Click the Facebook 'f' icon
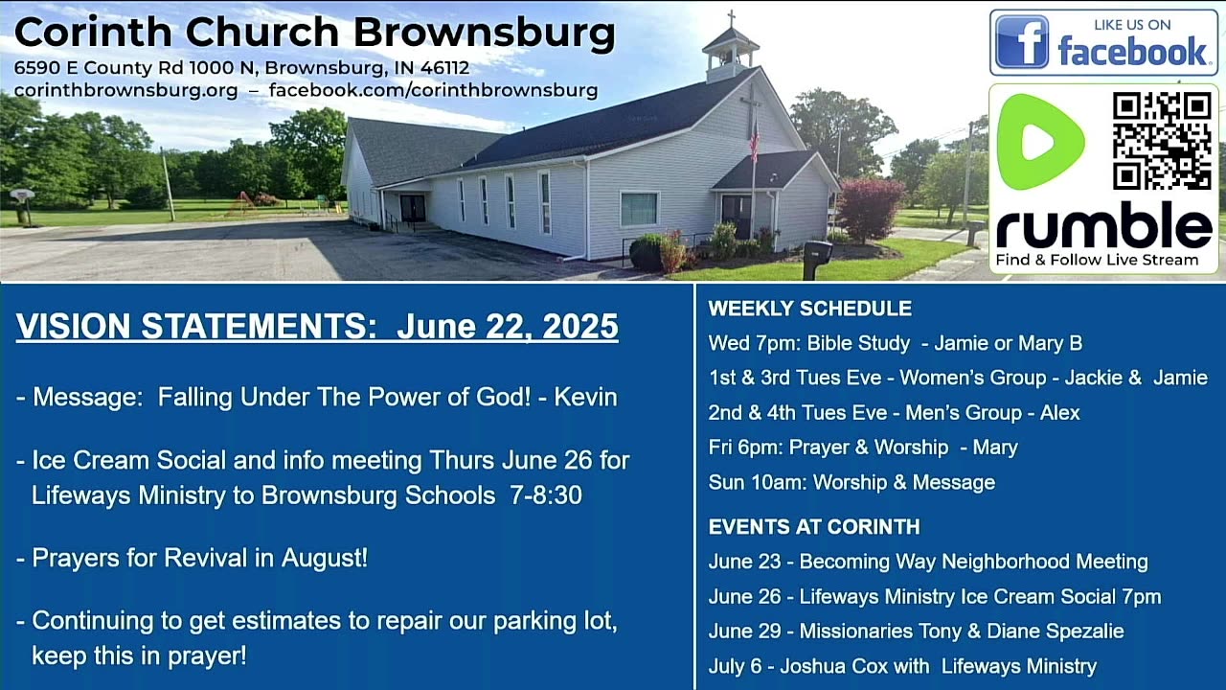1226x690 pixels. pyautogui.click(x=1021, y=41)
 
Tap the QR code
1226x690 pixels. pyautogui.click(x=1162, y=141)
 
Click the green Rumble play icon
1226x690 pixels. pyautogui.click(x=1040, y=142)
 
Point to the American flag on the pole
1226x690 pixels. pyautogui.click(x=754, y=141)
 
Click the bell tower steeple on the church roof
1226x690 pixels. pyautogui.click(x=731, y=48)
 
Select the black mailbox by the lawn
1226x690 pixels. pyautogui.click(x=817, y=259)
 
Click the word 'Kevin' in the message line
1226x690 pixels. pyautogui.click(x=585, y=397)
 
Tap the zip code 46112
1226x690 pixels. pyautogui.click(x=444, y=68)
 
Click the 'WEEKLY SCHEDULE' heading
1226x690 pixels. pyautogui.click(x=810, y=309)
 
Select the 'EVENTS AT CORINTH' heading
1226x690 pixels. pyautogui.click(x=814, y=527)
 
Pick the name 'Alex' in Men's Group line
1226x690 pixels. pyautogui.click(x=1059, y=412)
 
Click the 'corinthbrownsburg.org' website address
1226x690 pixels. pyautogui.click(x=125, y=90)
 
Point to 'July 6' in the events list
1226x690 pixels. pyautogui.click(x=735, y=666)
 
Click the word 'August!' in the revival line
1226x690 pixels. pyautogui.click(x=324, y=558)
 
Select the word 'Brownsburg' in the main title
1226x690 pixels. pyautogui.click(x=485, y=33)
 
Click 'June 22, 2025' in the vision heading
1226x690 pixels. pyautogui.click(x=508, y=327)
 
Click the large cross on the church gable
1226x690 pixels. pyautogui.click(x=750, y=109)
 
